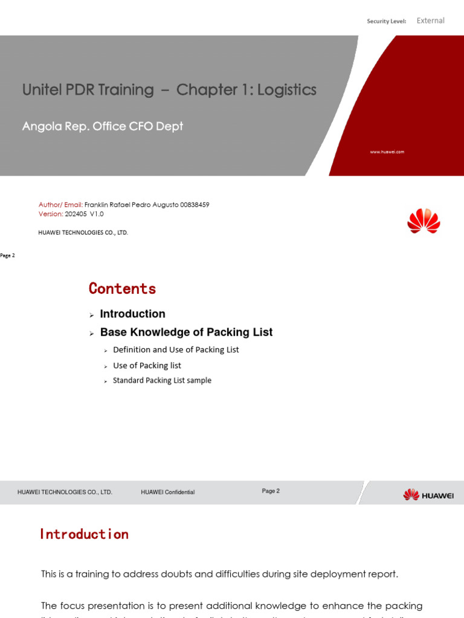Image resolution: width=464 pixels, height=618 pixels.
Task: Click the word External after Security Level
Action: tap(430, 21)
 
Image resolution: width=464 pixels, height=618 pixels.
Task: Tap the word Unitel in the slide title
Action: tap(40, 90)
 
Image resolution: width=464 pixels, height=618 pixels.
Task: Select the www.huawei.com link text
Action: tap(387, 152)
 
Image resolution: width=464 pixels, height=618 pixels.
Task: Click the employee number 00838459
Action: tap(195, 205)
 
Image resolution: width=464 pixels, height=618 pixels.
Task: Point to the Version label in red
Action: tap(51, 214)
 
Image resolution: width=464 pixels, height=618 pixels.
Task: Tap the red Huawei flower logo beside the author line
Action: tap(424, 221)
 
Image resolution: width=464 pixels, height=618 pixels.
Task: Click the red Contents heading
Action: tap(122, 288)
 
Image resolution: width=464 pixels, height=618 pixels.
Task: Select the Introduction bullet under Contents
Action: tap(132, 314)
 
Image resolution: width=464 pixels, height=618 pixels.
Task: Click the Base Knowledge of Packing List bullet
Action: tap(186, 332)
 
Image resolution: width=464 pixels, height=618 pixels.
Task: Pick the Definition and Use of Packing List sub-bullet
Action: tap(176, 349)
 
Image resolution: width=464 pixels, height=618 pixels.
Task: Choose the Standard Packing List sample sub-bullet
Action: tap(162, 380)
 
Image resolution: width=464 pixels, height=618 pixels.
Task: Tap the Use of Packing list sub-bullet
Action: tap(147, 365)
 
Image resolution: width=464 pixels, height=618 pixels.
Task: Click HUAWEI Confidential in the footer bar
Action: tap(167, 492)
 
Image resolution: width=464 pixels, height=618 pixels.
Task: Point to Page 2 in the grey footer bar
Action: tap(271, 491)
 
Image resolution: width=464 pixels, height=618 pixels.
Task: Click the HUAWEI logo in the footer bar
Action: tap(428, 495)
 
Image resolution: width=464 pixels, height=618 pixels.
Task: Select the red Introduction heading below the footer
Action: tap(84, 534)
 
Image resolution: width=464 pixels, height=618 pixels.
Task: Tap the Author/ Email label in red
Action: tap(60, 205)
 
